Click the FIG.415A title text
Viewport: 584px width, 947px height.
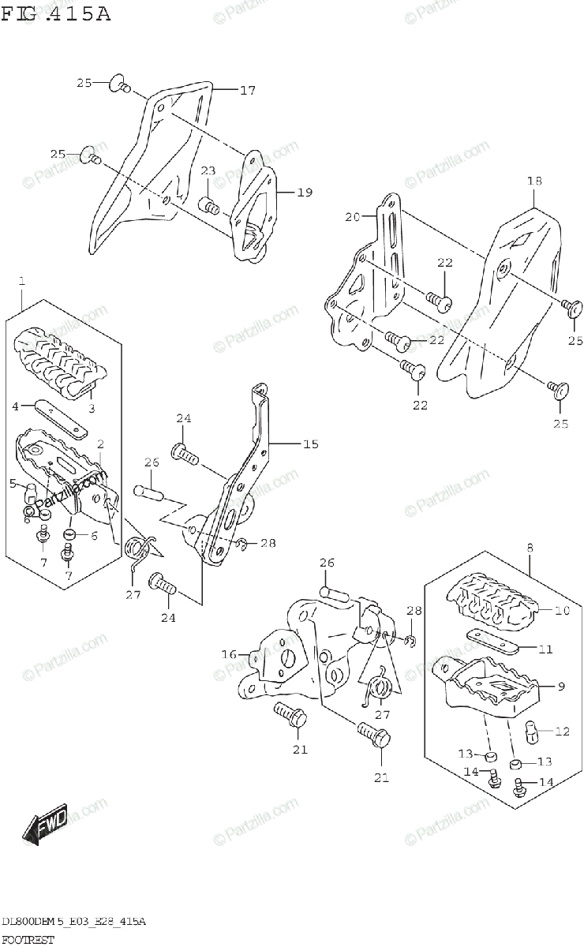click(55, 13)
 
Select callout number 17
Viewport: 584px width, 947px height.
click(247, 91)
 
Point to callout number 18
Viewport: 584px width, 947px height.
click(534, 182)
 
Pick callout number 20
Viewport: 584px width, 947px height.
click(352, 215)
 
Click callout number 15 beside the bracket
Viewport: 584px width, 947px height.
click(310, 444)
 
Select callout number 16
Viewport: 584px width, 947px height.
click(230, 654)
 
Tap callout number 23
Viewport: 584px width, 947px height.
click(208, 171)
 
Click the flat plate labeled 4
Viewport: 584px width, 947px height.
click(60, 414)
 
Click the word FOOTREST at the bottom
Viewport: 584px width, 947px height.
click(28, 940)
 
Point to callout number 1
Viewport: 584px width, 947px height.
click(21, 280)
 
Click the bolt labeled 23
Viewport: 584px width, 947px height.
click(210, 207)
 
